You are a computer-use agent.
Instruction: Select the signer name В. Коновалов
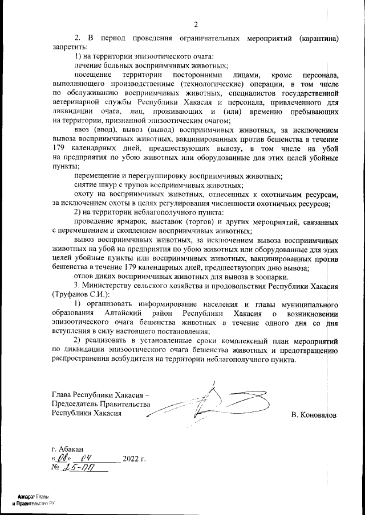[x=313, y=415]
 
